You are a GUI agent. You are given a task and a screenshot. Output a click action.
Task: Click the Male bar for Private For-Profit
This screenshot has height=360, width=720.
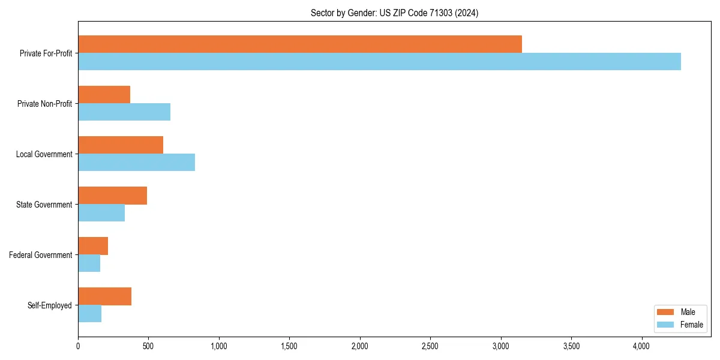point(300,44)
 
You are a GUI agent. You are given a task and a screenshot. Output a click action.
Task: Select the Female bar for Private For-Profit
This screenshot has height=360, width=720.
point(379,62)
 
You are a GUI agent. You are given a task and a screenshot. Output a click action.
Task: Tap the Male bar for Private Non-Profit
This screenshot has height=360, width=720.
point(104,95)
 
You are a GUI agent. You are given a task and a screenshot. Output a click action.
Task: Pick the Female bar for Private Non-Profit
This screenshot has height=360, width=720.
point(124,112)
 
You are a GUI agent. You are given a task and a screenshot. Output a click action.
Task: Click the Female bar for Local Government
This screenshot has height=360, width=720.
point(137,163)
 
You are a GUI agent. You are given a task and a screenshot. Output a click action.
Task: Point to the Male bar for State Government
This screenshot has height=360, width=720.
point(113,196)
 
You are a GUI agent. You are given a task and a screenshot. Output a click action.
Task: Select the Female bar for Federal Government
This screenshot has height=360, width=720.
point(89,263)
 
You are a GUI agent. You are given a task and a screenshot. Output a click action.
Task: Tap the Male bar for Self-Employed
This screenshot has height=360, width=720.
point(105,296)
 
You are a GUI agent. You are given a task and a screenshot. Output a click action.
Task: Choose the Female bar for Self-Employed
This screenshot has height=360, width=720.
point(90,314)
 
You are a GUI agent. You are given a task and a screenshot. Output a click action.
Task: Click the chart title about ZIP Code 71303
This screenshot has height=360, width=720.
point(394,13)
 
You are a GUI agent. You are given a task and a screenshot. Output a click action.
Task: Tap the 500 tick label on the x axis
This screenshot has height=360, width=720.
point(148,346)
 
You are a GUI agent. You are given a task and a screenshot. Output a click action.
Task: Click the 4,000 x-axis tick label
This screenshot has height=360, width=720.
point(641,346)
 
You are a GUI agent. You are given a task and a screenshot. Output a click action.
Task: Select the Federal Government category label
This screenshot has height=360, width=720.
point(41,255)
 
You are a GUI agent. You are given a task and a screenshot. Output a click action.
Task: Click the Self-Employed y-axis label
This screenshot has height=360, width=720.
point(50,305)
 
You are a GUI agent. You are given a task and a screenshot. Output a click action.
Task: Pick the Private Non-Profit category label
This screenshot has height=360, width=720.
point(44,104)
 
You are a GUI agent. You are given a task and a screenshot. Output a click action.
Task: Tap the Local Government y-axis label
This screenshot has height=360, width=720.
point(44,154)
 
